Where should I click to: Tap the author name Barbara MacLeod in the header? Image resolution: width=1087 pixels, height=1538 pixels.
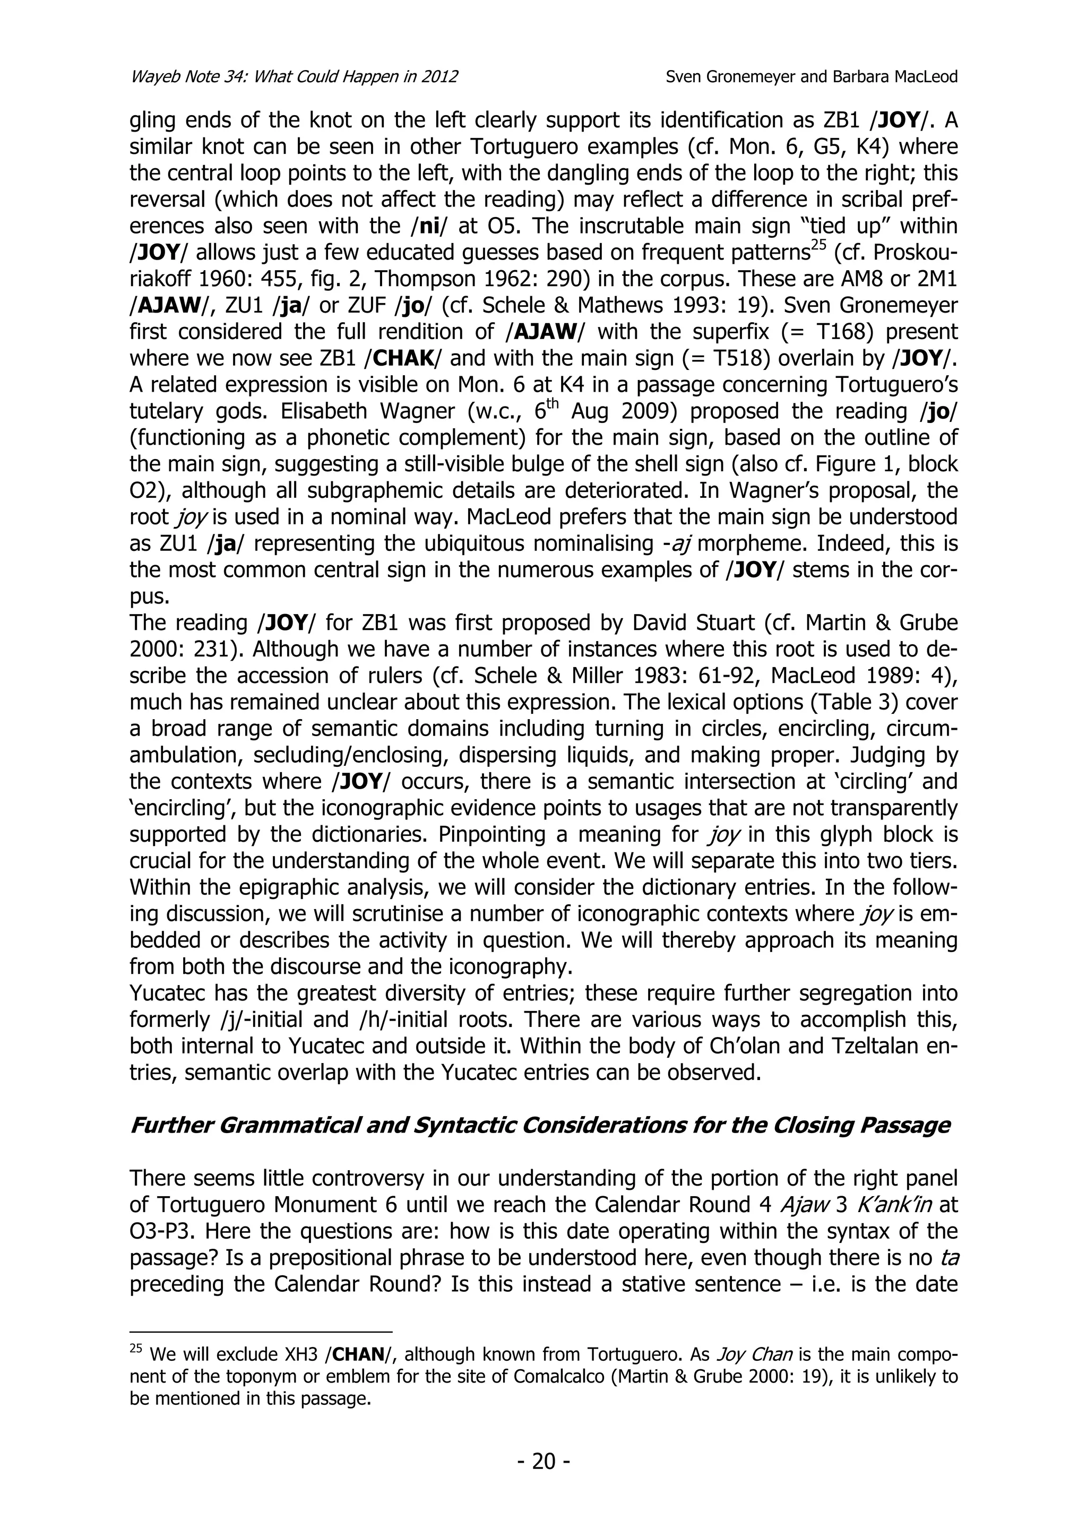[x=895, y=77]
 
